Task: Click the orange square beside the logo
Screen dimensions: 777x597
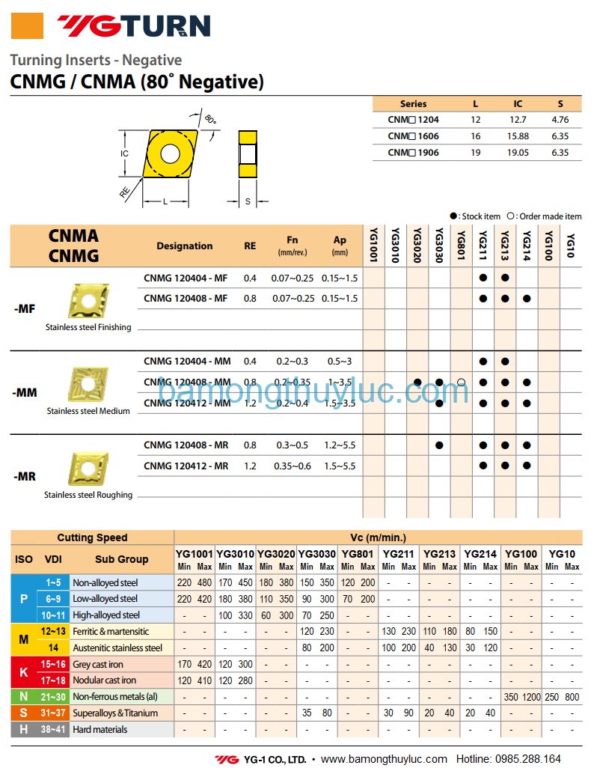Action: coord(27,26)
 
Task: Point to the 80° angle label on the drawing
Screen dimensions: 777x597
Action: coord(210,119)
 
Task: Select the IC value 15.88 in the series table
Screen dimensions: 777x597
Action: coord(518,136)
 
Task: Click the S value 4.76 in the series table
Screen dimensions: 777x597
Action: coord(560,120)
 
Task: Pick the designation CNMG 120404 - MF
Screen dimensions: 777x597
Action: coord(186,278)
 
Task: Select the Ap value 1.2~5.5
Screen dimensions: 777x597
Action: coord(340,445)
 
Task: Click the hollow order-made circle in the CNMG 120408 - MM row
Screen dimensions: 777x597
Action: coord(461,383)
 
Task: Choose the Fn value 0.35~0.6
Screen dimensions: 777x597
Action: coord(293,466)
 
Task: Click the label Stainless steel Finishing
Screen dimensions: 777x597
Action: coord(88,327)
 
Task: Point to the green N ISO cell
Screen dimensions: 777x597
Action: coord(23,697)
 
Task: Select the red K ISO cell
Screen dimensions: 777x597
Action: coord(23,672)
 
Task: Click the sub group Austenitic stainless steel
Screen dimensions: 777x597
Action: coord(117,647)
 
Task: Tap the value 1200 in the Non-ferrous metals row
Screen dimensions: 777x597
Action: coord(531,697)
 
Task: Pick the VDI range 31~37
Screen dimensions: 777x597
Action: coord(53,713)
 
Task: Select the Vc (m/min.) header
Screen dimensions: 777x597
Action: coord(378,537)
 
